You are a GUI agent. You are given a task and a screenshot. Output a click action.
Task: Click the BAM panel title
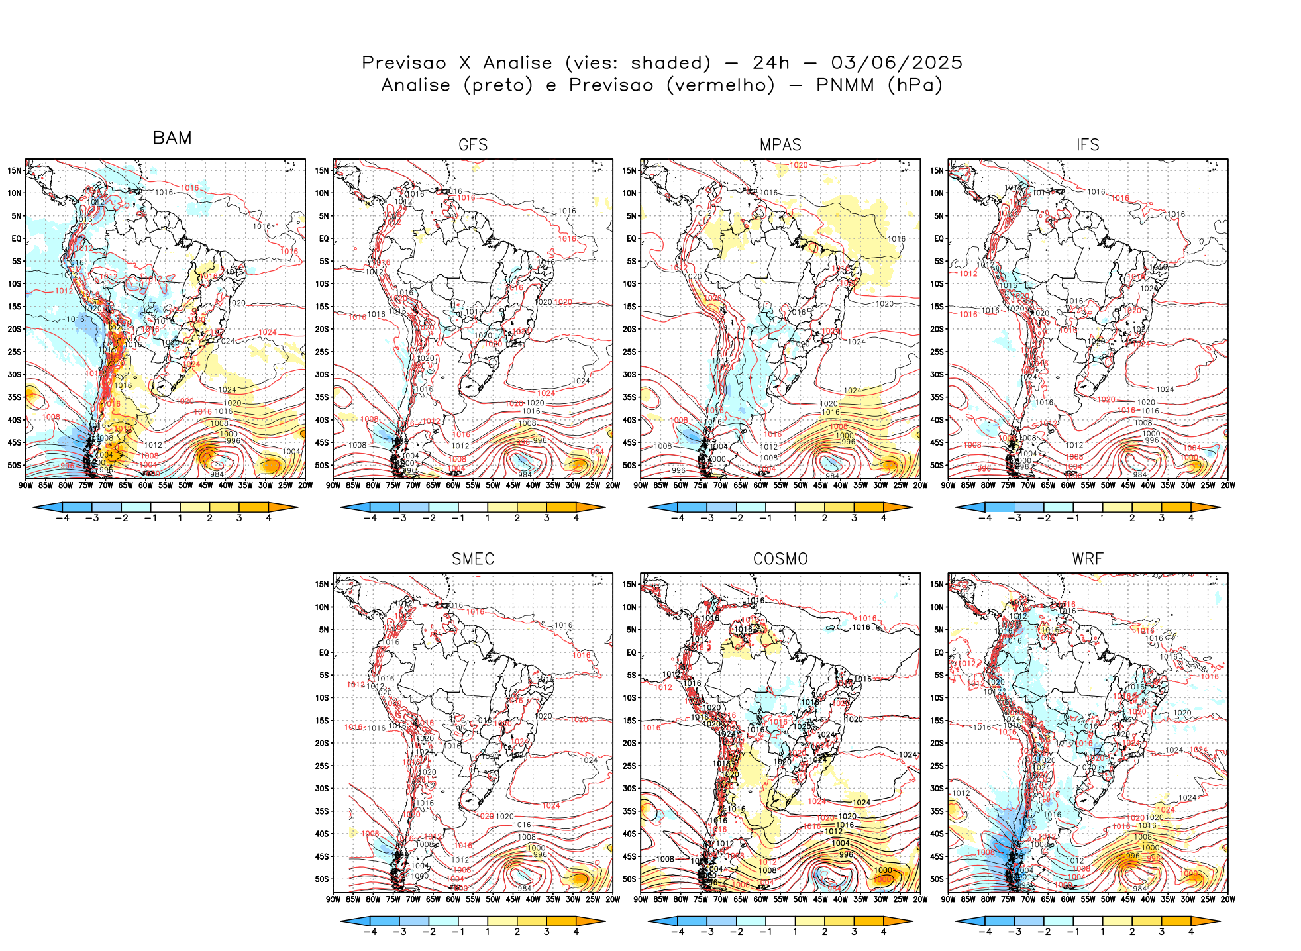point(172,138)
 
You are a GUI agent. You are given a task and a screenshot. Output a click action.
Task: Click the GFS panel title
point(473,145)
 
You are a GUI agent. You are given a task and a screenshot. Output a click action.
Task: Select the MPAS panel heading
point(780,145)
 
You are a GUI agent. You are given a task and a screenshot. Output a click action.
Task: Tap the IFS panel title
point(1088,145)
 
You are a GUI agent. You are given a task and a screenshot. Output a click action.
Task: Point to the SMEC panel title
point(473,559)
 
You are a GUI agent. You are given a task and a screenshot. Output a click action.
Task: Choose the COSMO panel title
point(780,559)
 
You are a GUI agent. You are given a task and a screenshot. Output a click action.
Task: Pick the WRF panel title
point(1088,559)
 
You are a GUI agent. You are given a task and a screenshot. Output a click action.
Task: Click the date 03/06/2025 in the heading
point(896,63)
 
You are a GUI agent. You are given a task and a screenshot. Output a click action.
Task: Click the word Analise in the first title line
point(517,63)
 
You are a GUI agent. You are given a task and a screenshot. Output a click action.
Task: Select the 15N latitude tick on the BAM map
point(15,170)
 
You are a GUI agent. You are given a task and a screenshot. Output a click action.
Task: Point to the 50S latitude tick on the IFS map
point(937,465)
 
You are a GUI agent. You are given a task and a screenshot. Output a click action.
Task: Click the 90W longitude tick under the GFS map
point(333,485)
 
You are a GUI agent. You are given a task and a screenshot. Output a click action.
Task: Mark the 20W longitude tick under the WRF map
point(1227,899)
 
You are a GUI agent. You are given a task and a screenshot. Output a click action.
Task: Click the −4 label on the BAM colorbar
point(62,518)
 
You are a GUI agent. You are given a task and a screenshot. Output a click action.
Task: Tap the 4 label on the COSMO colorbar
point(884,932)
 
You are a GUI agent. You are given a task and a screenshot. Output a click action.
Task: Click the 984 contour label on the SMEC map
point(525,888)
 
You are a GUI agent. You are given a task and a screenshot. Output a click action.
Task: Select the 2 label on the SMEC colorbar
point(517,932)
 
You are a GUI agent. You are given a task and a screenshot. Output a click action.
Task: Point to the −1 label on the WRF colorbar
point(1073,932)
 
